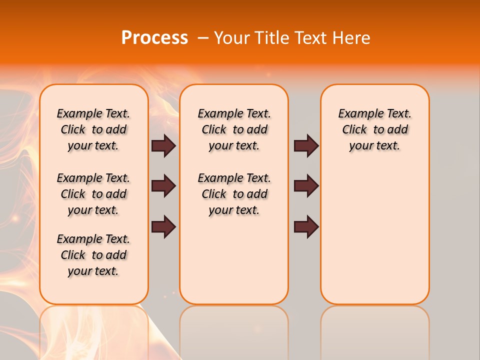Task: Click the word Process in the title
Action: point(154,37)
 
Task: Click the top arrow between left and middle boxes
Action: point(163,145)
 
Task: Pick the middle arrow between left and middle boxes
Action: point(163,186)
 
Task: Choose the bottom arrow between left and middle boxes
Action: point(163,226)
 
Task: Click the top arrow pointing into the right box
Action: point(306,145)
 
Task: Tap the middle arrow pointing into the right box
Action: point(306,186)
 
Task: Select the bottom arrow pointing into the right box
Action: point(306,226)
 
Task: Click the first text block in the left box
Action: point(93,129)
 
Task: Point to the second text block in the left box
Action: point(93,194)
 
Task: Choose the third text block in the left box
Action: point(93,255)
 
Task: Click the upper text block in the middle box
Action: point(234,129)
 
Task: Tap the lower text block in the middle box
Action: point(234,194)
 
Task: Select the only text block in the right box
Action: point(374,129)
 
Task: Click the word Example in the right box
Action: point(357,114)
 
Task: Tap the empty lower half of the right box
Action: point(374,240)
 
